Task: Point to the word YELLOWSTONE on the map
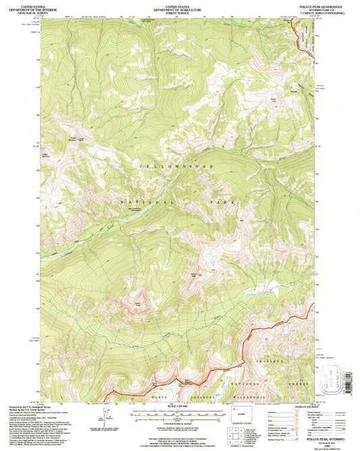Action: coord(175,165)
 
